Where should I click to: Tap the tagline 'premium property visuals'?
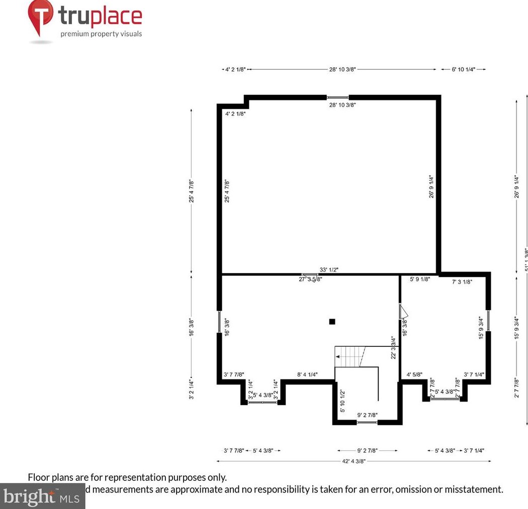101,34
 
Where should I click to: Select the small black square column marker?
331,322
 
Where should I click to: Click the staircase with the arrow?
350,356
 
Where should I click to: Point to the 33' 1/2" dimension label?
329,270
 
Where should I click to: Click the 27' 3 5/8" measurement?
310,279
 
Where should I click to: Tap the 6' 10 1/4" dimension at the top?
463,70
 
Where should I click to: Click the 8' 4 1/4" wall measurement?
307,374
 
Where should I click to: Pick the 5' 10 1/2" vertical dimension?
342,401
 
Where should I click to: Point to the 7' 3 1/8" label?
462,282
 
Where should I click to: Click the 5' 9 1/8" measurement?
420,279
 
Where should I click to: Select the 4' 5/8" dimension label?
414,374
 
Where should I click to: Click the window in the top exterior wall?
337,97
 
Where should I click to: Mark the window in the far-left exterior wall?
220,322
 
